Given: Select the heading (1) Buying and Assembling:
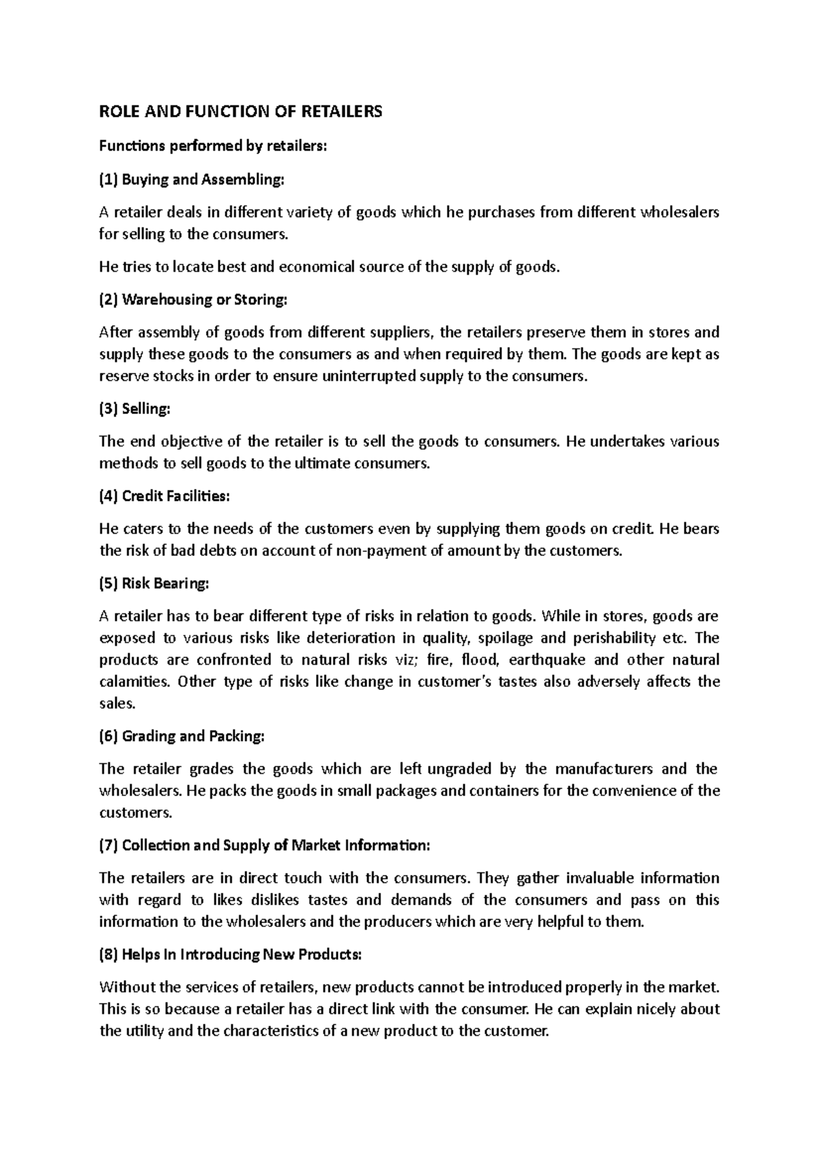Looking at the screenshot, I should pos(190,180).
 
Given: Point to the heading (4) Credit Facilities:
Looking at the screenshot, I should pos(164,497).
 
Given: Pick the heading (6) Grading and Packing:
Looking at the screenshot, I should pos(181,736).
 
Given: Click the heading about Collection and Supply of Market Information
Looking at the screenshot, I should pos(265,846).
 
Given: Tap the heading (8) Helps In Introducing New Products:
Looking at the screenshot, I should pos(230,955).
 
